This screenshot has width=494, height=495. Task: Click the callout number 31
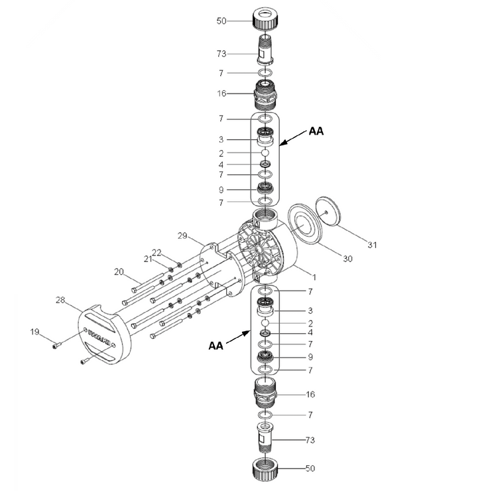[372, 245]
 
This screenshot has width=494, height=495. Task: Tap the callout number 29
[183, 236]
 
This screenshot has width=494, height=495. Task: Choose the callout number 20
[119, 271]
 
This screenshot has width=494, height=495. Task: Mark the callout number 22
[156, 252]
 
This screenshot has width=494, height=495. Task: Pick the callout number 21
[149, 259]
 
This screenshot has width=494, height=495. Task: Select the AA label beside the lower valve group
[216, 346]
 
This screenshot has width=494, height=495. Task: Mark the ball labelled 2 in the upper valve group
[265, 153]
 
